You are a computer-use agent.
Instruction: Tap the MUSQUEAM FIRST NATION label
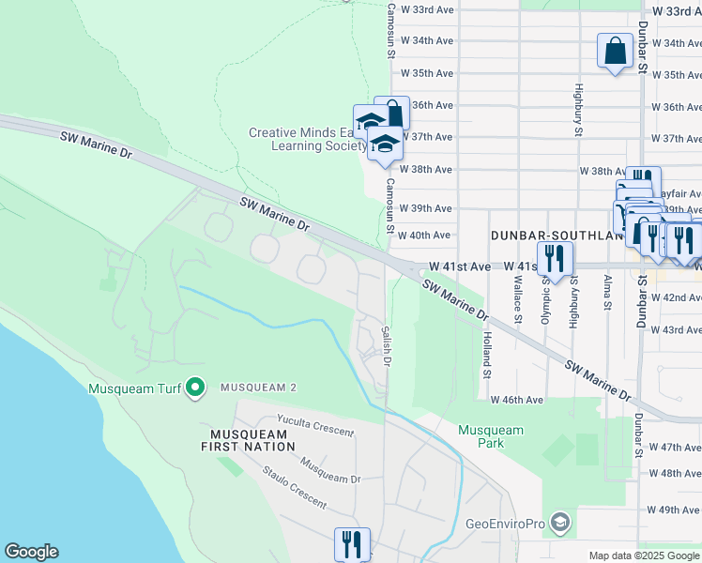(247, 441)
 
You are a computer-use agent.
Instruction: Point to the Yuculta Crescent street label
(315, 426)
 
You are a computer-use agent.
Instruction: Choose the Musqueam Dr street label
(329, 470)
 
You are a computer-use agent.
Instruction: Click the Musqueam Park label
(490, 436)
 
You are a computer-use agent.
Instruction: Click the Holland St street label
(487, 355)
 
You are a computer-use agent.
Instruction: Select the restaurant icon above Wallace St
(555, 256)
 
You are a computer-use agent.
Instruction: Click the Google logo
(31, 552)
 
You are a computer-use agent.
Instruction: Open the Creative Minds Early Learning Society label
(308, 139)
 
